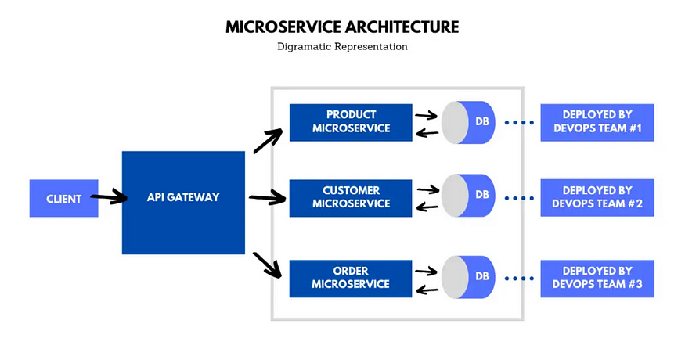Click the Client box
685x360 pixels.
pyautogui.click(x=63, y=199)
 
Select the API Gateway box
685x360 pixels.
pyautogui.click(x=182, y=197)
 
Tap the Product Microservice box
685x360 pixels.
pyautogui.click(x=351, y=121)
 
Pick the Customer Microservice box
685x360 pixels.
pyautogui.click(x=351, y=197)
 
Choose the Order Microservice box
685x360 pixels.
pyautogui.click(x=351, y=277)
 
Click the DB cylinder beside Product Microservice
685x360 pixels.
pyautogui.click(x=468, y=122)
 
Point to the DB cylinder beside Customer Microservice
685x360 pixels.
pyautogui.click(x=468, y=195)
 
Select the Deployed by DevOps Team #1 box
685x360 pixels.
pyautogui.click(x=597, y=122)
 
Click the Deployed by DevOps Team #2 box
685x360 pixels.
pyautogui.click(x=597, y=197)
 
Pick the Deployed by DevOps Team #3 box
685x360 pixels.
pyautogui.click(x=597, y=278)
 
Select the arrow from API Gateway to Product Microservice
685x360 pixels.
pyautogui.click(x=269, y=141)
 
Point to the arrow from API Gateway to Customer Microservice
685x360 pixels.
pyautogui.click(x=268, y=199)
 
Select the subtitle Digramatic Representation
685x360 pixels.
pyautogui.click(x=342, y=47)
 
